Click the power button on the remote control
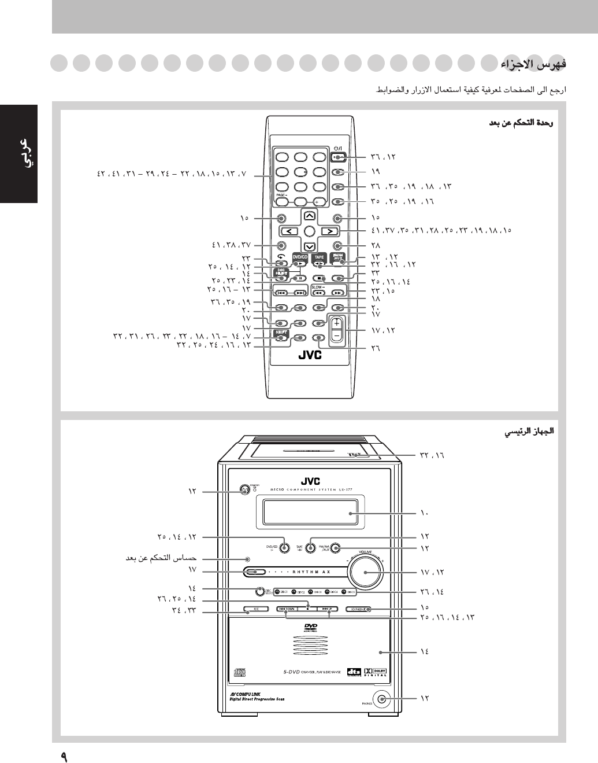click(338, 157)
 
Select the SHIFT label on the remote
click(281, 332)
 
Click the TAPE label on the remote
click(319, 257)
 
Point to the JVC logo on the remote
click(310, 355)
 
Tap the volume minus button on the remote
click(336, 335)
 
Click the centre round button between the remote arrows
click(310, 231)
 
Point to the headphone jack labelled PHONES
click(380, 699)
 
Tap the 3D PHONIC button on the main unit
click(359, 609)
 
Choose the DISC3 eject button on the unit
click(311, 592)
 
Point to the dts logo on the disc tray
click(353, 672)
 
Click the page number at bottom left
click(64, 755)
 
